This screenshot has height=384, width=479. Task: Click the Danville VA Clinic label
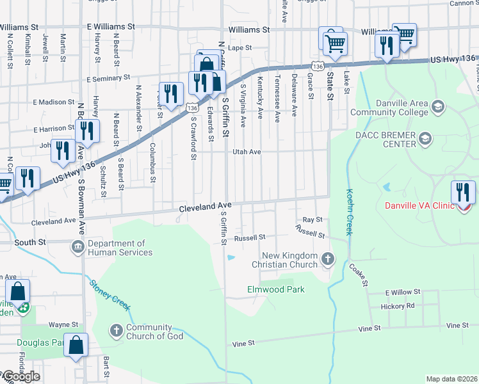tap(419, 205)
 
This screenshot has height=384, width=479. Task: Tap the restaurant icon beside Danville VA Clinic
tap(463, 192)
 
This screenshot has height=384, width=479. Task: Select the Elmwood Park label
tap(276, 289)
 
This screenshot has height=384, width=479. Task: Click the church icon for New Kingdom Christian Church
tap(328, 260)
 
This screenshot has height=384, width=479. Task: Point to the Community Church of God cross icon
tap(116, 331)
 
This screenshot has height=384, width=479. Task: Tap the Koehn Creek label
tap(350, 211)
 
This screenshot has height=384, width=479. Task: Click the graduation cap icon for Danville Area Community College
tap(439, 106)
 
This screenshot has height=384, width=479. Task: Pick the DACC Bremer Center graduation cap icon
tap(424, 139)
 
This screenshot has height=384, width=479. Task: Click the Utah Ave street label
tap(246, 152)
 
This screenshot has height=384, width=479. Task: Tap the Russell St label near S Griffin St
tap(249, 237)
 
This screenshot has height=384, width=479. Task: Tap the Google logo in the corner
tap(20, 376)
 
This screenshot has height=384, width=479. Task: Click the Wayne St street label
tap(63, 324)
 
